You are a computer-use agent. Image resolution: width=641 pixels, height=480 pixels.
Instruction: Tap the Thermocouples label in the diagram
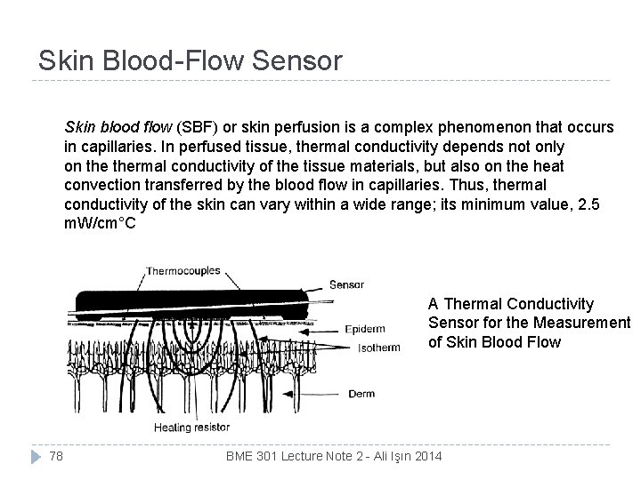183,270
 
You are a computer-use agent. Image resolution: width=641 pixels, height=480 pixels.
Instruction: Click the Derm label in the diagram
361,394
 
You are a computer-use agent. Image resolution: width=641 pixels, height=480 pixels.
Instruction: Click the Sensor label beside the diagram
346,285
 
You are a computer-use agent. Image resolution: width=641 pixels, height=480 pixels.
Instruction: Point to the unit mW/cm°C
100,223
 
